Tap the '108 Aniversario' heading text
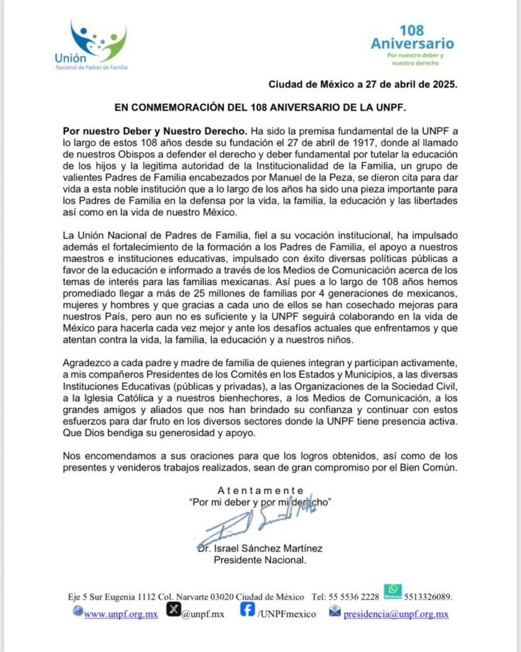pyautogui.click(x=412, y=38)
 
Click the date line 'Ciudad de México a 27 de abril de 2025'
pyautogui.click(x=362, y=84)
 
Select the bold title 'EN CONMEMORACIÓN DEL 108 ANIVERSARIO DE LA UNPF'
pyautogui.click(x=260, y=106)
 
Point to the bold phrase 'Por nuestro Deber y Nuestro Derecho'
pyautogui.click(x=153, y=130)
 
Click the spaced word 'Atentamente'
pyautogui.click(x=260, y=490)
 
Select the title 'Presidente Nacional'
pyautogui.click(x=260, y=560)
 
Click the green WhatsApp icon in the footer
pyautogui.click(x=392, y=591)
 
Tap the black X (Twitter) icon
pyautogui.click(x=173, y=610)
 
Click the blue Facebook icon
pyautogui.click(x=248, y=610)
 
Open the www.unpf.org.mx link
pyautogui.click(x=120, y=614)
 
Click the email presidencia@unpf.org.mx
pyautogui.click(x=396, y=614)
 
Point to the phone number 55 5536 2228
pyautogui.click(x=353, y=597)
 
